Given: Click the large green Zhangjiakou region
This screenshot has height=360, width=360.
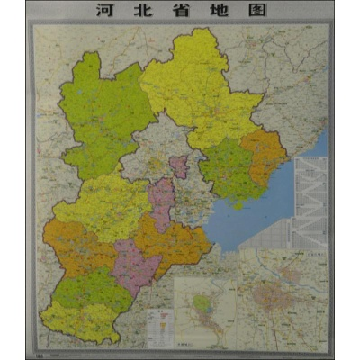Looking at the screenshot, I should pyautogui.click(x=103, y=117).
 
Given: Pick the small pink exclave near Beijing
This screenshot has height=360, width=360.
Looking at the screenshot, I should pyautogui.click(x=179, y=166).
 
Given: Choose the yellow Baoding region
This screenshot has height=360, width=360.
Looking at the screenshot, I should pyautogui.click(x=103, y=207).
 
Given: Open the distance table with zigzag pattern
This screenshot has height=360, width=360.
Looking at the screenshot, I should pyautogui.click(x=311, y=202).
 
